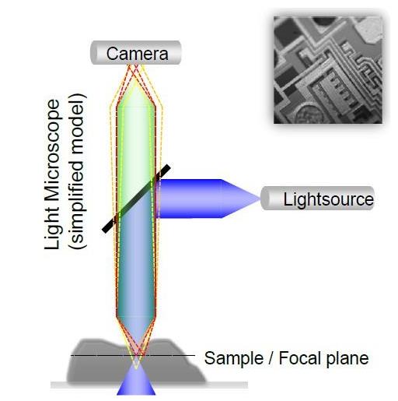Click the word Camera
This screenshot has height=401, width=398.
137,54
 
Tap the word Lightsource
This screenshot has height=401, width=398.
329,199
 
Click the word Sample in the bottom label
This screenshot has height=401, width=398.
233,359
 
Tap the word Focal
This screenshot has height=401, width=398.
298,357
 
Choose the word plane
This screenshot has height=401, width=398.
347,359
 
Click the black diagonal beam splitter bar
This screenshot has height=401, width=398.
136,199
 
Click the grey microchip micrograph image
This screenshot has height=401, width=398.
328,69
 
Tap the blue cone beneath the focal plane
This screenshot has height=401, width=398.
136,382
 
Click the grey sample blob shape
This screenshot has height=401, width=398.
136,361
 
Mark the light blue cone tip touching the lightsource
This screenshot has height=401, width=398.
260,199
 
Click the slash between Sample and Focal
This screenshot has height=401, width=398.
271,358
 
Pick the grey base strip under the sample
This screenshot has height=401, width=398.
149,385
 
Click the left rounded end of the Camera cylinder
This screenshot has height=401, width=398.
93,52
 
